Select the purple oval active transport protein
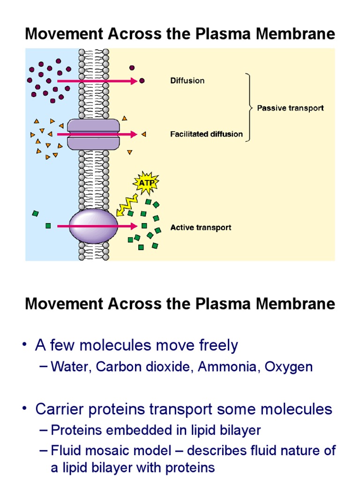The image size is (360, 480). pos(94,226)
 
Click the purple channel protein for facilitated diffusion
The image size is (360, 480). pos(93,134)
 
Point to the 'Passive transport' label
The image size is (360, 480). pos(290,108)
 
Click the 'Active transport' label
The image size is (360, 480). pos(201,228)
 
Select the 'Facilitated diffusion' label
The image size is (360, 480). pos(206,134)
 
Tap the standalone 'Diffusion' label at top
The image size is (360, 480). pos(187,81)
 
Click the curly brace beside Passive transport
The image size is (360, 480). pos(250,107)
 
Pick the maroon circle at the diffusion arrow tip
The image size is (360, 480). pos(142,81)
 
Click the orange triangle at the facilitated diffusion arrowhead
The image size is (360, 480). pos(144,134)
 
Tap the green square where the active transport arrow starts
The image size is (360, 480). pos(48,226)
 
